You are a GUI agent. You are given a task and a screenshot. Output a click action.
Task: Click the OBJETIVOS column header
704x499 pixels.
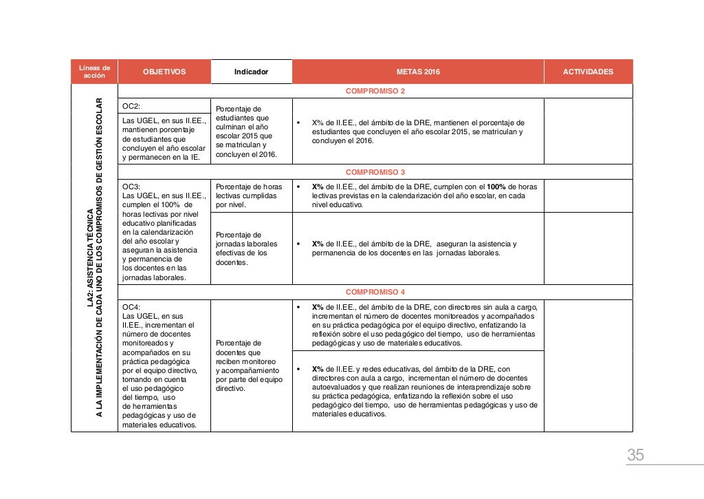(x=164, y=72)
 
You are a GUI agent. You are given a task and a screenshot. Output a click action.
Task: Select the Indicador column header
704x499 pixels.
(x=251, y=72)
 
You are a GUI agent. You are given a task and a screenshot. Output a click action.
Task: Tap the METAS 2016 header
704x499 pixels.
(x=418, y=72)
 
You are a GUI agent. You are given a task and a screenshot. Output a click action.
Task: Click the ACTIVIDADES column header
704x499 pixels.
(x=588, y=72)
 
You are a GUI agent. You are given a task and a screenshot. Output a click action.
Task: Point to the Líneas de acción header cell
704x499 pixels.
(x=94, y=72)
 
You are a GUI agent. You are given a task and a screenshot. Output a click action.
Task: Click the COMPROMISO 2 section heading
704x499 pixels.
(x=375, y=91)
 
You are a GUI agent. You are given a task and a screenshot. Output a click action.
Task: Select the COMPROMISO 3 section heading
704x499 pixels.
(x=375, y=172)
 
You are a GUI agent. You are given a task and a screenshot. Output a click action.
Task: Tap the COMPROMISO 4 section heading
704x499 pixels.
(x=375, y=292)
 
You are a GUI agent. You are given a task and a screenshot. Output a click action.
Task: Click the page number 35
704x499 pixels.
(x=635, y=455)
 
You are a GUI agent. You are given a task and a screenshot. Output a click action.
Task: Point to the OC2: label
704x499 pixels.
(x=131, y=107)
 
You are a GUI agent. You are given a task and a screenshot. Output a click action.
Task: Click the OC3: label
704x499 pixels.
(x=131, y=187)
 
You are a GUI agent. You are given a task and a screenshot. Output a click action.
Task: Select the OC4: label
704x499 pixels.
(x=131, y=308)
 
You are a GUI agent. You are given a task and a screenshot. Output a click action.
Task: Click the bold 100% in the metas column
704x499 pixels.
(x=496, y=187)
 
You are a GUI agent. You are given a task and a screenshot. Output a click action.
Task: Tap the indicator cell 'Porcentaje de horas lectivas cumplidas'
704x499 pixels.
(x=249, y=195)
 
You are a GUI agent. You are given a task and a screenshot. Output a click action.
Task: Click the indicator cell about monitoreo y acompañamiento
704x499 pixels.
(x=249, y=365)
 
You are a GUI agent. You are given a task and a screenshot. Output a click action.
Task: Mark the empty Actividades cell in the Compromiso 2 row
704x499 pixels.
(x=588, y=131)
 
